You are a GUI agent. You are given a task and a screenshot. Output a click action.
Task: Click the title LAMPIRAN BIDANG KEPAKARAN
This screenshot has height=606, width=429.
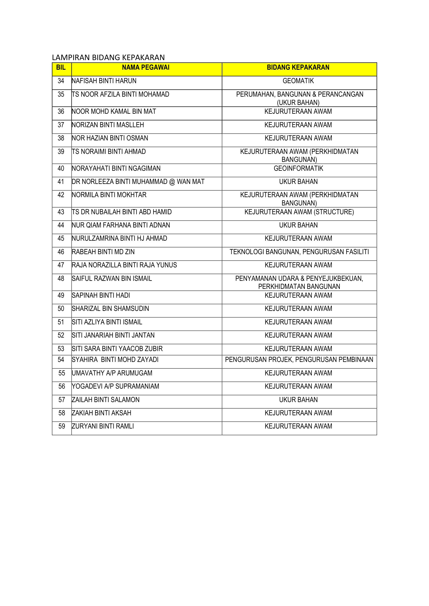pos(108,57)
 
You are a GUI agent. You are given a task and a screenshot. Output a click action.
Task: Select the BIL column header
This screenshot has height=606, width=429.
pos(61,68)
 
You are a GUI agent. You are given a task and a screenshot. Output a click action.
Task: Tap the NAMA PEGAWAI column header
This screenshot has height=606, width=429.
pos(146,68)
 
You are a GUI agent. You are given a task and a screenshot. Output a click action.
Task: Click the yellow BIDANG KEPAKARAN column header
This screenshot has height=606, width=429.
pos(298,68)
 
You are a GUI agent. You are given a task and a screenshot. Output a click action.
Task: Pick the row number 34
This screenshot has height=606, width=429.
pos(61,81)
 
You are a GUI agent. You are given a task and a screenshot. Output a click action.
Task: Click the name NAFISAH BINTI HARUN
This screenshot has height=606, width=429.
pos(104,81)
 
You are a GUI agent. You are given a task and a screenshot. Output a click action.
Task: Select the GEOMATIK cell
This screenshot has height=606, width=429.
pos(298,81)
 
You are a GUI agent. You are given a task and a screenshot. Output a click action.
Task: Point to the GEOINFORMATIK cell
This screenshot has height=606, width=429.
pos(298,168)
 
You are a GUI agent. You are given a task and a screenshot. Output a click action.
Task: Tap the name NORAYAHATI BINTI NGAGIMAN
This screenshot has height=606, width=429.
pos(116,168)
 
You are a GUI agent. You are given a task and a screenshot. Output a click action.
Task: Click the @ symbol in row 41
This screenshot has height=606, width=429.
pos(172,182)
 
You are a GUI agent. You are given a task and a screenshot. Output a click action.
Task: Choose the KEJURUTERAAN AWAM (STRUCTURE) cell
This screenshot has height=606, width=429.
pos(299,212)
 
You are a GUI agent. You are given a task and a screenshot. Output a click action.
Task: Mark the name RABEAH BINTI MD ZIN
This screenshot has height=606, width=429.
pos(103,252)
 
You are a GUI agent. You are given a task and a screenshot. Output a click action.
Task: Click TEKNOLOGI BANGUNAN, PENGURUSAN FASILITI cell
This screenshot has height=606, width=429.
pos(299,252)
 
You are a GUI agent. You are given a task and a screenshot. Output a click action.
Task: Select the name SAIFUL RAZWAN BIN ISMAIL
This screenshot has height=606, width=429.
pos(112,279)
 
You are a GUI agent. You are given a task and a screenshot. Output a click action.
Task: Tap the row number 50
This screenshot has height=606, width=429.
pos(61,309)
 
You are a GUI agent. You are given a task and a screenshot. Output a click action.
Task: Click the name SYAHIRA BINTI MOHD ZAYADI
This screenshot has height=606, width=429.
pos(115,360)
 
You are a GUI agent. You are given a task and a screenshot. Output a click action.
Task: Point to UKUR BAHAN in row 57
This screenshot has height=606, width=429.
pos(298,400)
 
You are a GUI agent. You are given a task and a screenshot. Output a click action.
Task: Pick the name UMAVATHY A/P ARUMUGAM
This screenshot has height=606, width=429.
pos(112,373)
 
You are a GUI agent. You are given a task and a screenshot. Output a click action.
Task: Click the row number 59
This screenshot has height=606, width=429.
pos(61,426)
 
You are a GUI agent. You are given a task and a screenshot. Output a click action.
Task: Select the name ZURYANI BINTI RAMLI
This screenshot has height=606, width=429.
pos(103,426)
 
